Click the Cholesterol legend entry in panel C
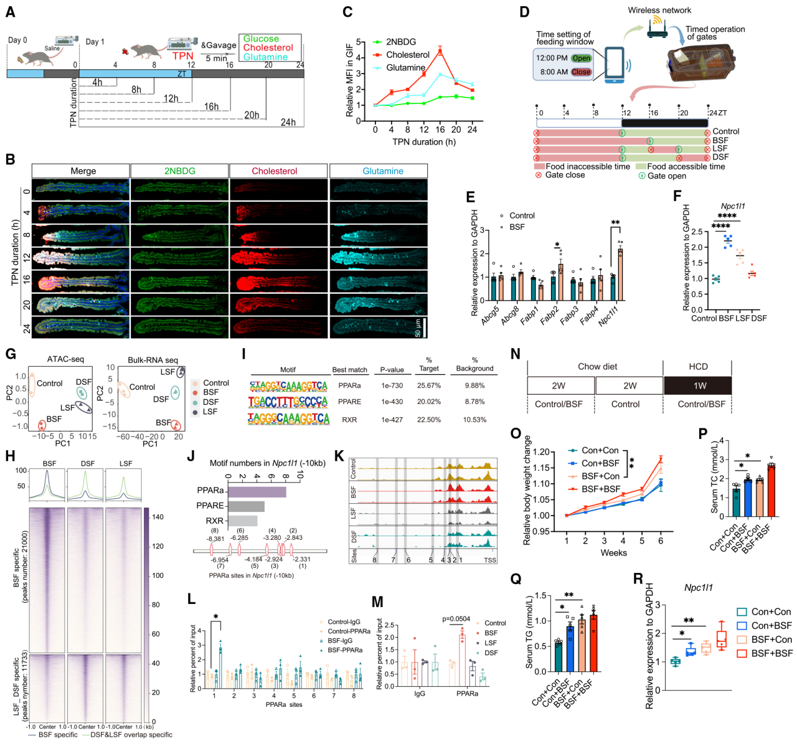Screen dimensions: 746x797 click(408, 55)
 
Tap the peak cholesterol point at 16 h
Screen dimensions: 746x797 click(440, 51)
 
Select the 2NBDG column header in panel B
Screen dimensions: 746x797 click(179, 171)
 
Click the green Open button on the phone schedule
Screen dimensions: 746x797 click(582, 58)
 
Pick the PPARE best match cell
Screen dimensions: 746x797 click(349, 402)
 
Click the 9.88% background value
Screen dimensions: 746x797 click(474, 385)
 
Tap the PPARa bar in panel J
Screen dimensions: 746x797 click(257, 491)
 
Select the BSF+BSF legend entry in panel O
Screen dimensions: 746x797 click(601, 489)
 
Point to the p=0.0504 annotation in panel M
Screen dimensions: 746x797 click(456, 619)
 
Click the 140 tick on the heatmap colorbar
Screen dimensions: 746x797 click(157, 517)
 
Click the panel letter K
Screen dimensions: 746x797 click(339, 456)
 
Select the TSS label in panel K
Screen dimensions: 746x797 click(490, 560)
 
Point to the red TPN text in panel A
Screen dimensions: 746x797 click(183, 56)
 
